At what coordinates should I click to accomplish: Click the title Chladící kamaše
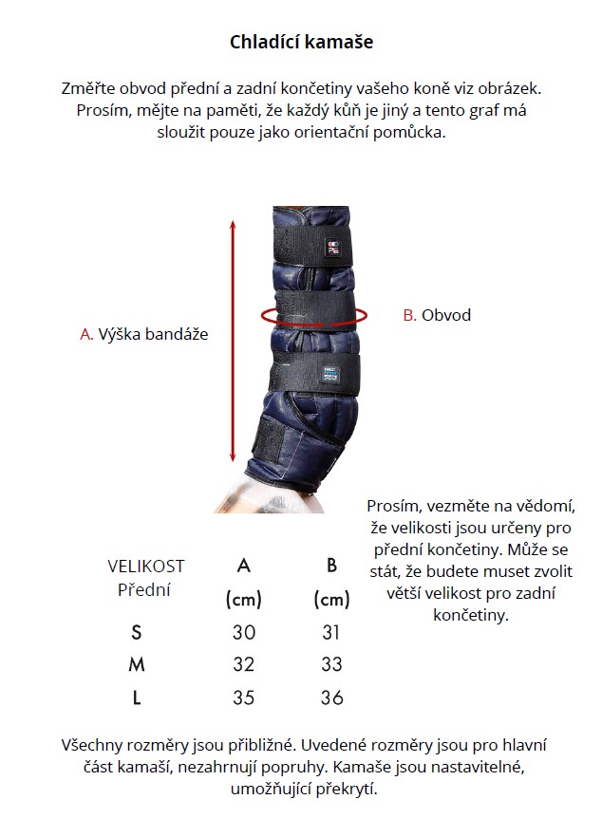click(x=301, y=42)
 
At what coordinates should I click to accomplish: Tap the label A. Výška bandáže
click(x=144, y=334)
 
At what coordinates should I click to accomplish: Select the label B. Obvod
click(x=437, y=314)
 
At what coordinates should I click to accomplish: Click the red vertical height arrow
click(x=234, y=342)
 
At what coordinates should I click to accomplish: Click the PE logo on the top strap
click(x=333, y=247)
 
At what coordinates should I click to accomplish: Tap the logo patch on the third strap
click(x=330, y=374)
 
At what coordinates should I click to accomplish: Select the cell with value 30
click(x=244, y=632)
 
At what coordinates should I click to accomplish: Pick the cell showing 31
click(x=331, y=632)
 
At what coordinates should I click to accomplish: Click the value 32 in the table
click(x=244, y=664)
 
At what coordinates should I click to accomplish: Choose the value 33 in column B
click(x=331, y=664)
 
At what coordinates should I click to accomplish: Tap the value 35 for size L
click(x=244, y=697)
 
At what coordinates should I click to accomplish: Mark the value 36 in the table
click(x=332, y=697)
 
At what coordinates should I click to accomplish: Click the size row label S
click(x=137, y=632)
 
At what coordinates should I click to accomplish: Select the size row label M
click(x=137, y=664)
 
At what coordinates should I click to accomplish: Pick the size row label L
click(x=137, y=697)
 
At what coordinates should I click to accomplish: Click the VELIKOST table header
click(x=145, y=566)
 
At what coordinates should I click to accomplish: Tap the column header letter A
click(x=244, y=566)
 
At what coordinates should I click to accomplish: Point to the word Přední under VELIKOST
click(x=144, y=590)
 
